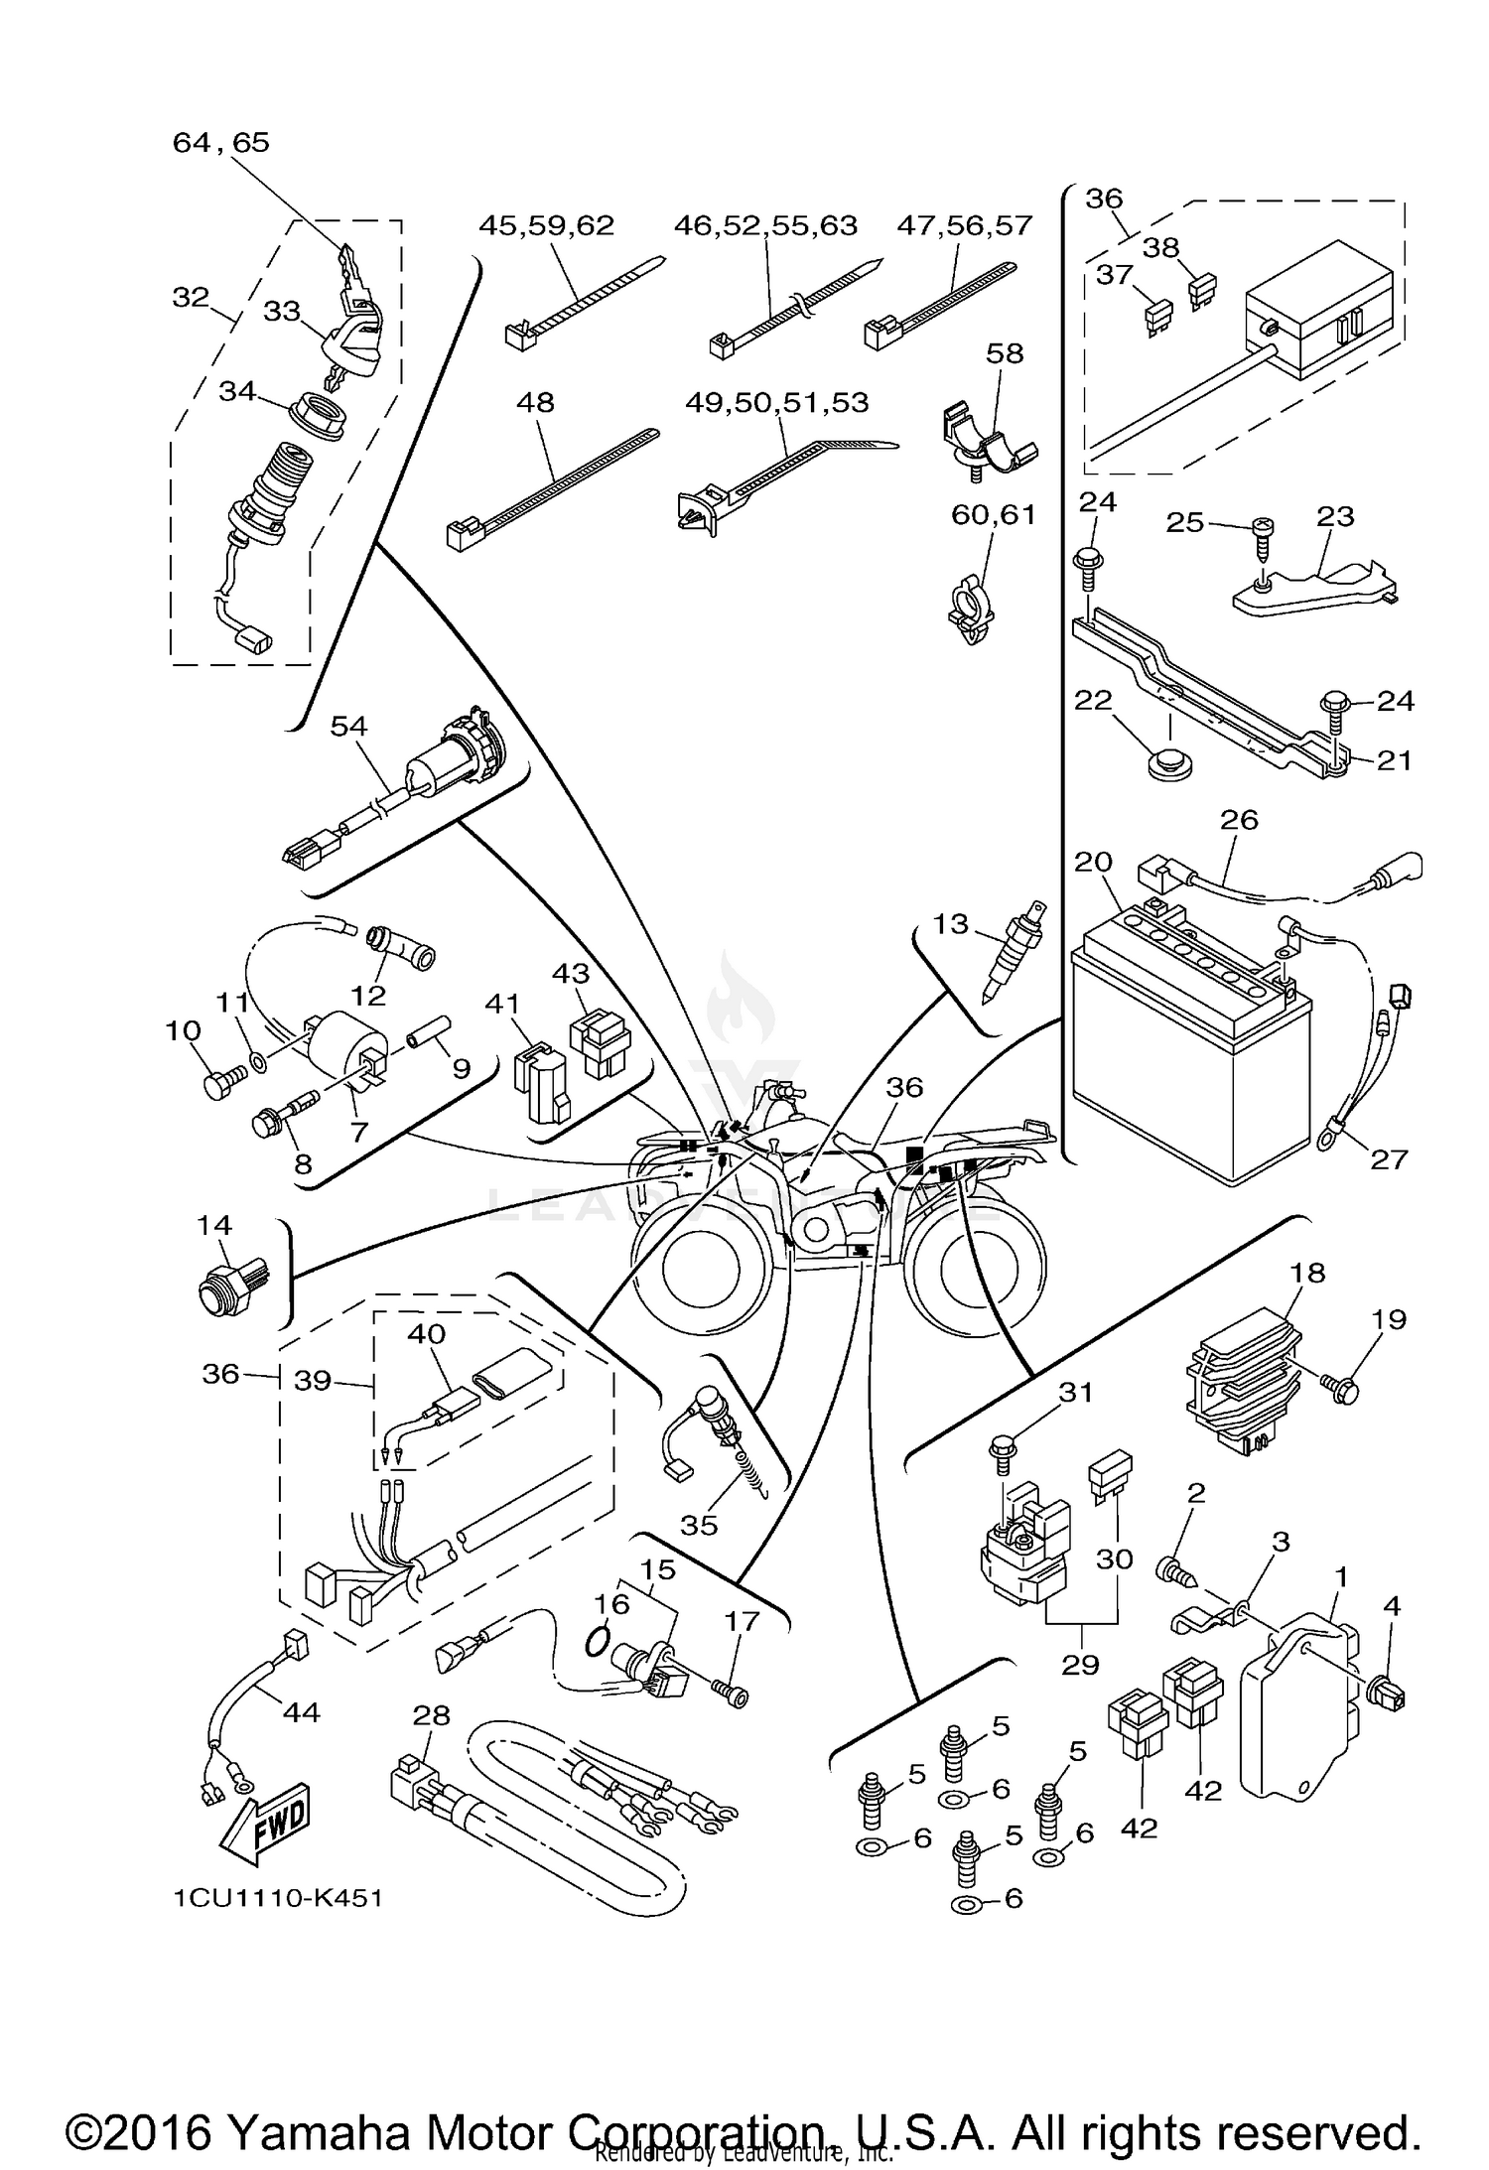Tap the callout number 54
348,727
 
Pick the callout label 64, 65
220,142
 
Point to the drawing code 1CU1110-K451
279,1898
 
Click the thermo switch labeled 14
224,1292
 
